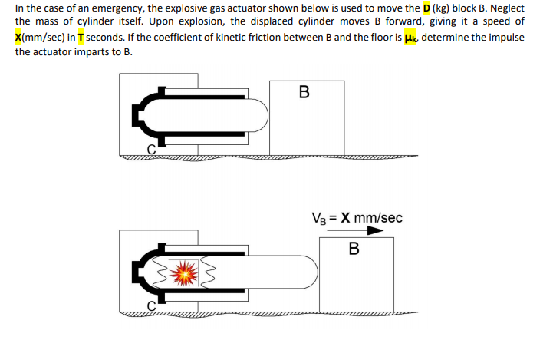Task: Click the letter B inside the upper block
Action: tap(304, 93)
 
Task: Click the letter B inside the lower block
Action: tap(354, 249)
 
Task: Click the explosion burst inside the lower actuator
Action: tap(183, 271)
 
